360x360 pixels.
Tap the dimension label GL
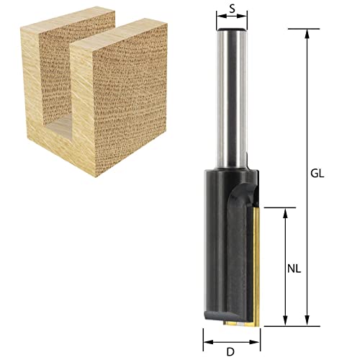pyautogui.click(x=318, y=174)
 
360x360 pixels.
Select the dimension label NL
pyautogui.click(x=293, y=269)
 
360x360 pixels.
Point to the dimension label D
pyautogui.click(x=230, y=351)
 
